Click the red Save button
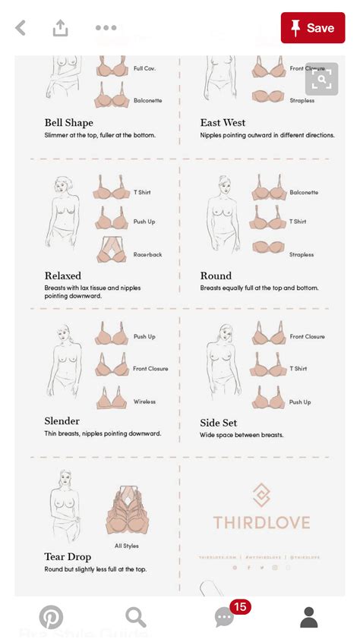click(313, 28)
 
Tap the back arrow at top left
click(21, 28)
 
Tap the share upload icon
click(60, 28)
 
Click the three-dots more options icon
click(106, 28)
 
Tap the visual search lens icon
click(321, 78)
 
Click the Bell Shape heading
click(69, 123)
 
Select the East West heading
click(223, 123)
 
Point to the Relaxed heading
click(63, 276)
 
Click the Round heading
click(216, 276)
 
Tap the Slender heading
click(62, 421)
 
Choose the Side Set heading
click(219, 423)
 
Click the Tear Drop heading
click(68, 557)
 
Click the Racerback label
click(148, 255)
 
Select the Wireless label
click(144, 401)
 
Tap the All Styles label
click(128, 546)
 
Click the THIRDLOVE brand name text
click(261, 523)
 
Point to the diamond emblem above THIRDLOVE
click(261, 495)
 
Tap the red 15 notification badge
click(240, 606)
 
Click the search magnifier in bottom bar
click(135, 617)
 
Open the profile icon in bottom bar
click(308, 617)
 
